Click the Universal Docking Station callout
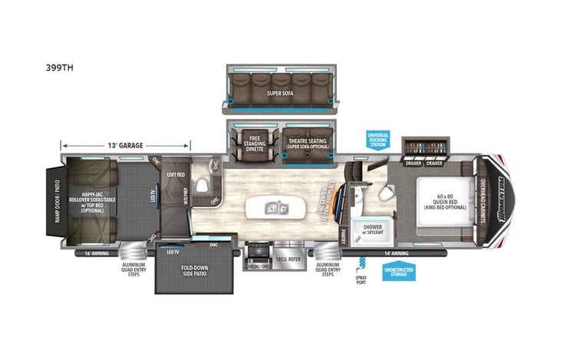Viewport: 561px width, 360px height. pos(378,139)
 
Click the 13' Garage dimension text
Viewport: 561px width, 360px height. pos(125,145)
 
